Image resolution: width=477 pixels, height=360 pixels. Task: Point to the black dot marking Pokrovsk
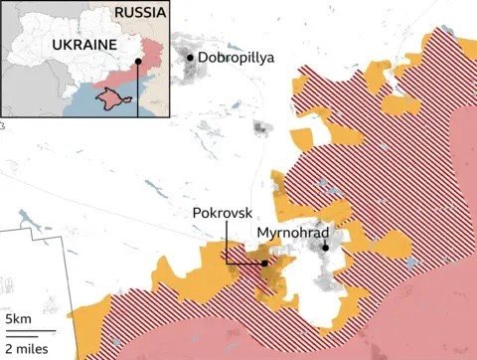[264, 264]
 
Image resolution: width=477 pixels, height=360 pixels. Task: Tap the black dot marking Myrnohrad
[324, 248]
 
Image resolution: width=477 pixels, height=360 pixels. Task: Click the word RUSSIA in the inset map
[141, 12]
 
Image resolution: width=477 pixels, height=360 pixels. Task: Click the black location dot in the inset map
[138, 61]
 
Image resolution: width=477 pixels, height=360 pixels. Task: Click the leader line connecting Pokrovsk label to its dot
[227, 244]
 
